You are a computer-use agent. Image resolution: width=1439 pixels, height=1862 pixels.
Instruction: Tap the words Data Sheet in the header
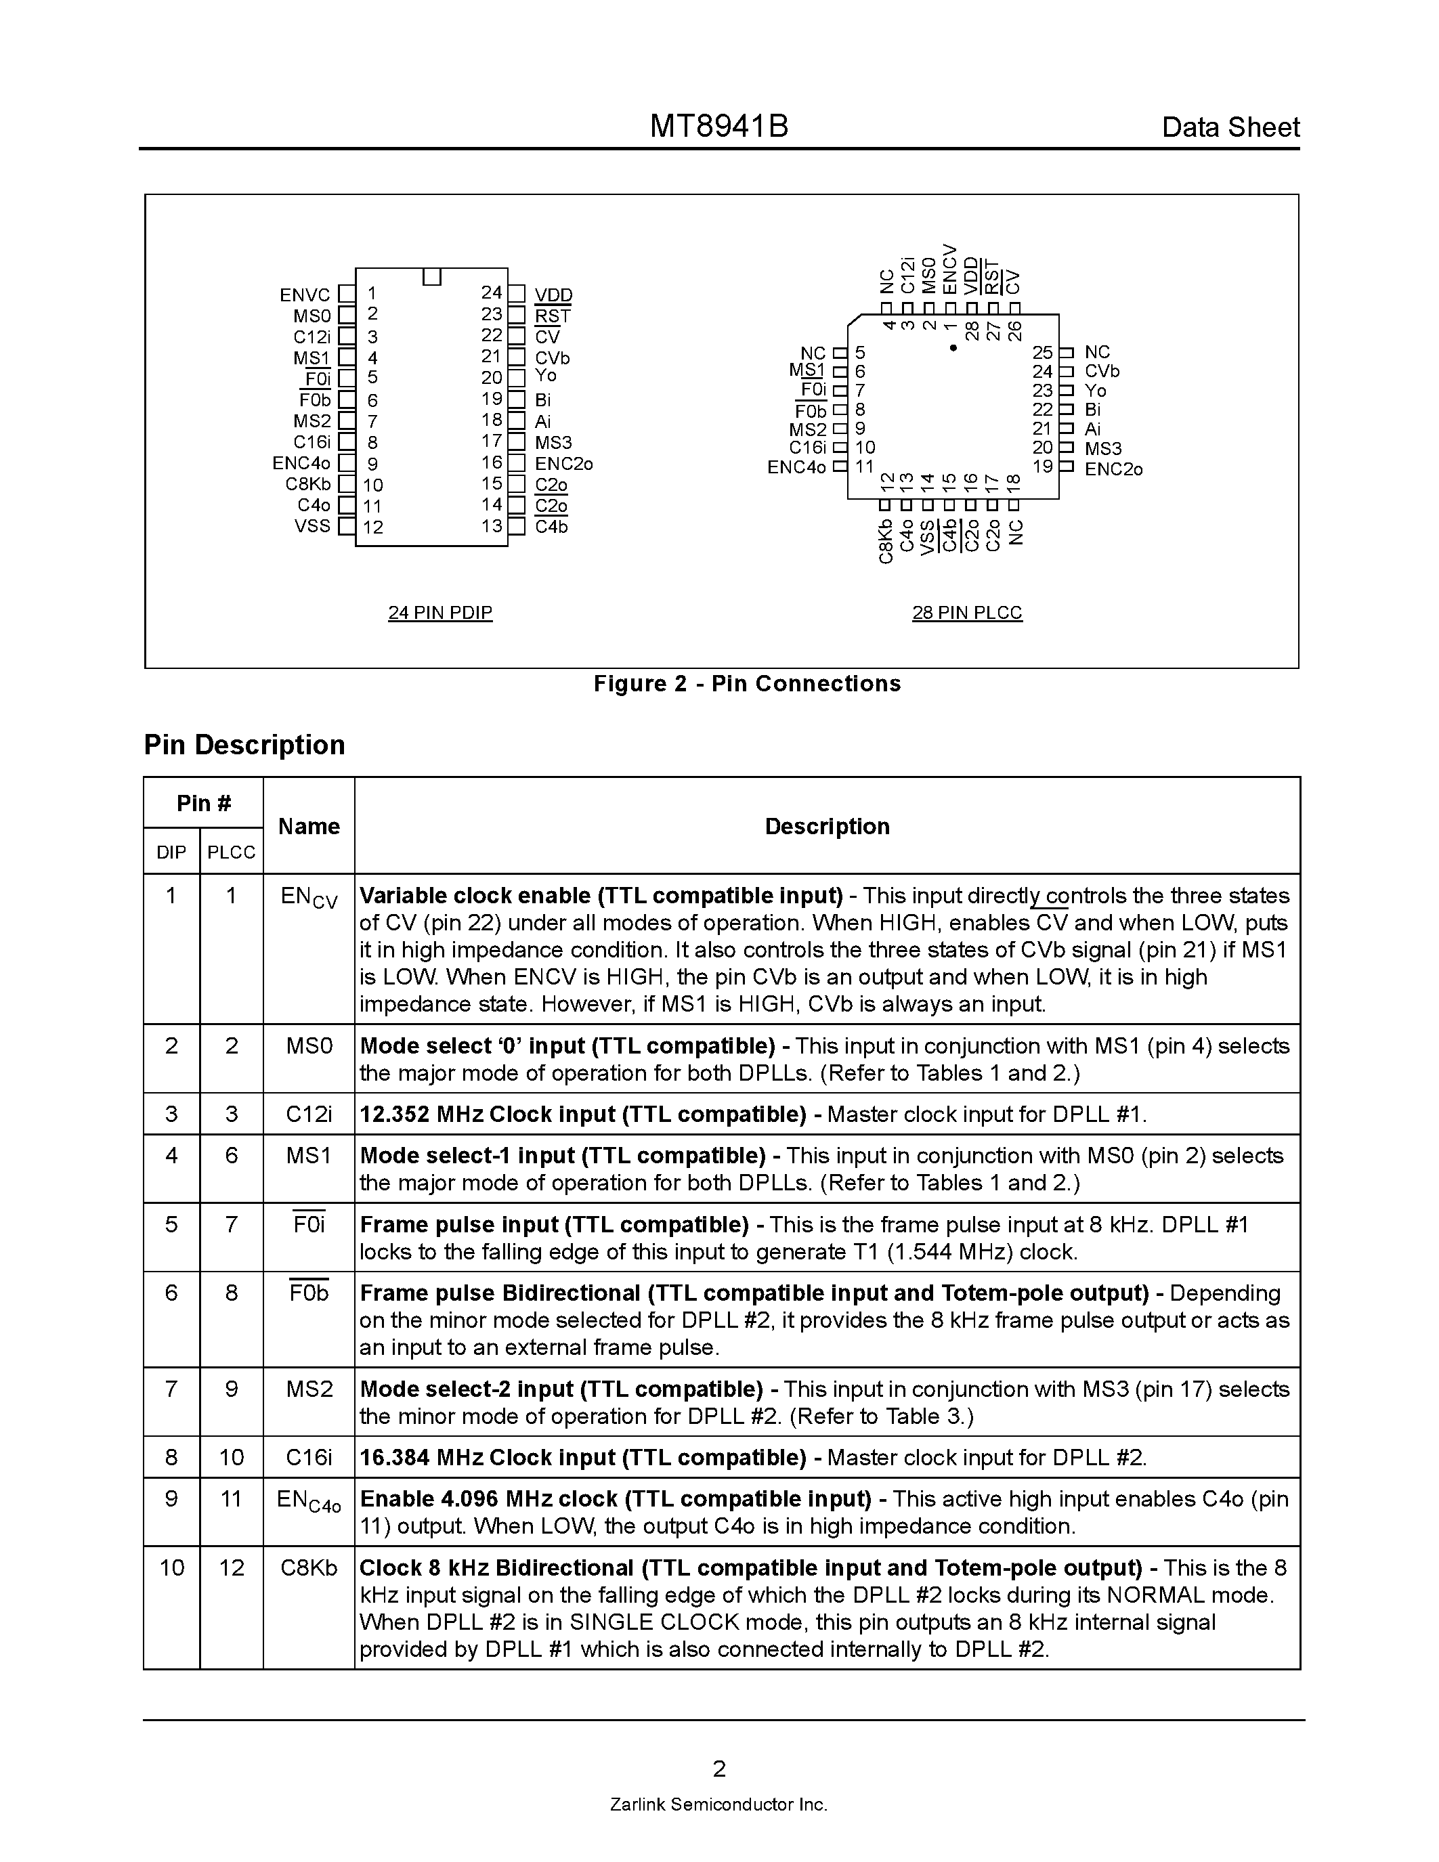[x=1230, y=128]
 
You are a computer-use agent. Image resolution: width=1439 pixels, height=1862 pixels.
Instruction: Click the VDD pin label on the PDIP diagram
[x=553, y=295]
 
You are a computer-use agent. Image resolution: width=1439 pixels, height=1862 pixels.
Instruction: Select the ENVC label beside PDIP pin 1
[x=304, y=295]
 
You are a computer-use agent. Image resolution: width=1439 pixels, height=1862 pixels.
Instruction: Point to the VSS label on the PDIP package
[x=312, y=526]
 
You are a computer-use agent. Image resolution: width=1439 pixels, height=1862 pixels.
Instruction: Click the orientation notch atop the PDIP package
[x=432, y=277]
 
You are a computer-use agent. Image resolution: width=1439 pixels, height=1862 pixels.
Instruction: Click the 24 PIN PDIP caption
[x=440, y=613]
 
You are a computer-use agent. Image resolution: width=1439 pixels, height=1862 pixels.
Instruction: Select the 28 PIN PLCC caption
[x=967, y=613]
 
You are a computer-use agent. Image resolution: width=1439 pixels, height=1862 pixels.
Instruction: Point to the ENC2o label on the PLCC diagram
[x=1113, y=469]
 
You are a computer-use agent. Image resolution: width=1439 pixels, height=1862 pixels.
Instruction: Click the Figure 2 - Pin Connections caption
[x=747, y=684]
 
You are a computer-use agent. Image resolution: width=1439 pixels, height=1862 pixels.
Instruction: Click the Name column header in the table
[x=309, y=826]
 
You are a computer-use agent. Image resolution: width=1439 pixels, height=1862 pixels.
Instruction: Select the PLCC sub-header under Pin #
[x=231, y=852]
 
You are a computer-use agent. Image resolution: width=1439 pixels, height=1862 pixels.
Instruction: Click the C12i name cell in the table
[x=309, y=1114]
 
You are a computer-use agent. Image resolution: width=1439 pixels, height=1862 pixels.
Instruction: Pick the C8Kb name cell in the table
[x=309, y=1568]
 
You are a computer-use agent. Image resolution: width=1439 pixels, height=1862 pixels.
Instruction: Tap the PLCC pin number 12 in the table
[x=231, y=1568]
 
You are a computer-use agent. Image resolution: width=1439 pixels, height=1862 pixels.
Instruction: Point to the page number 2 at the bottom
[x=719, y=1769]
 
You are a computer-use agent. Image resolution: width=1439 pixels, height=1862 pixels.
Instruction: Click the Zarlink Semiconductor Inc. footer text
[x=718, y=1805]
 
